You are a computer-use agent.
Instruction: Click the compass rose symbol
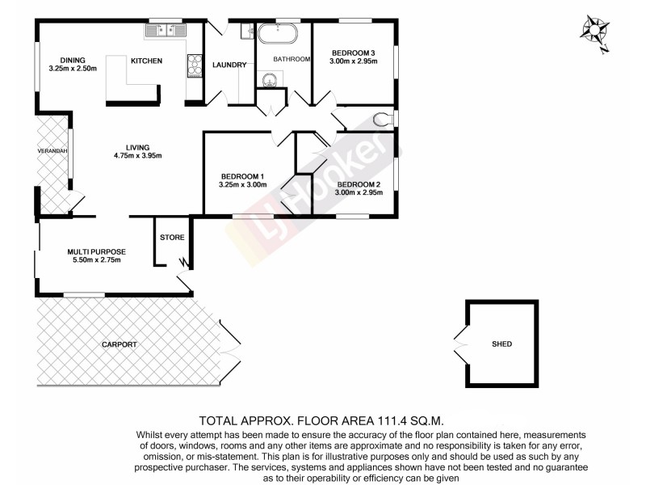pos(597,32)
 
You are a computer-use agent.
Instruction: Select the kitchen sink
pos(166,31)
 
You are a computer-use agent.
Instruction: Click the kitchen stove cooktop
pos(195,65)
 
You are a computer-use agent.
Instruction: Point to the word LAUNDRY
pos(229,65)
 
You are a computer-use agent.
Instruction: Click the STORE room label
pos(172,238)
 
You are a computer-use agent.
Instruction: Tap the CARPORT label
pos(119,345)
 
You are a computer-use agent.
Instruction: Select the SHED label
pos(501,344)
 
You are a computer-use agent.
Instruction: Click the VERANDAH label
pos(50,151)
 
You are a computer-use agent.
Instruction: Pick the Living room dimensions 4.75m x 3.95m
pos(138,155)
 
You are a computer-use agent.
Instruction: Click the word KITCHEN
pos(147,61)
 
